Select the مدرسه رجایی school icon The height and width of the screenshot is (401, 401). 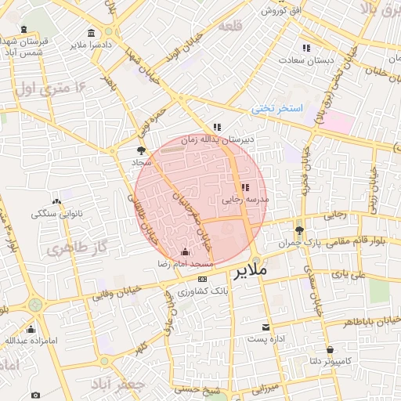click(245, 188)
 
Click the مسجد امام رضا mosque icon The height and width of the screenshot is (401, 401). click(185, 252)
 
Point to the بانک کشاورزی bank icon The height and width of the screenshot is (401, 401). click(203, 279)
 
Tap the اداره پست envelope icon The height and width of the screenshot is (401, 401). click(266, 327)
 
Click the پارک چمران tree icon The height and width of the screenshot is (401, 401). click(299, 230)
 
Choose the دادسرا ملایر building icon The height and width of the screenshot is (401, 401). click(92, 33)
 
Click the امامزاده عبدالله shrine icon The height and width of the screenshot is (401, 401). click(33, 329)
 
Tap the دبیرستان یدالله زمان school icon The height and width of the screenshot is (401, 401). click(217, 127)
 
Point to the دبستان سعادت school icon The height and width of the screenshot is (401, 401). click(305, 49)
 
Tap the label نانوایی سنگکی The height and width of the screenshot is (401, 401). click(58, 213)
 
